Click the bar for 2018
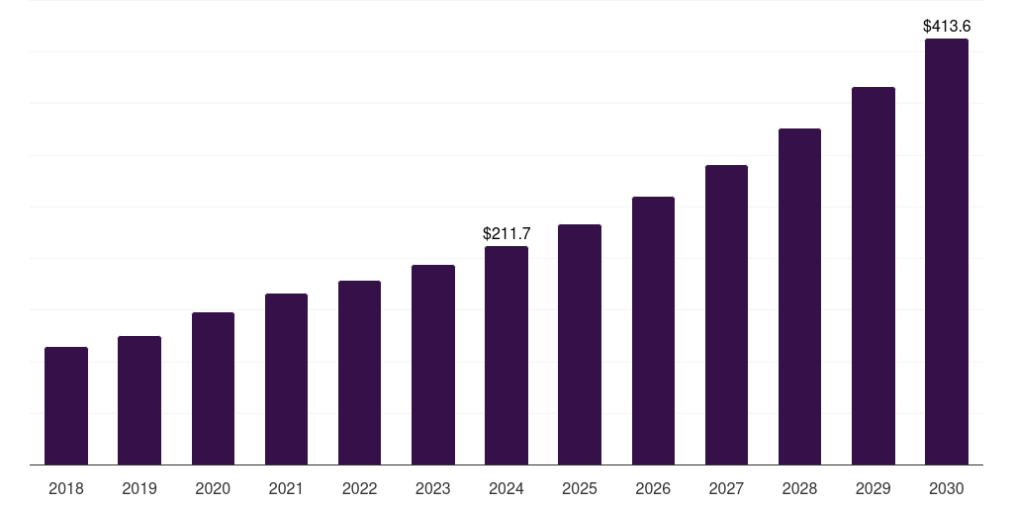click(x=66, y=406)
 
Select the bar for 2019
click(x=139, y=400)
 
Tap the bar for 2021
click(x=286, y=379)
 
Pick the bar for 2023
click(x=433, y=365)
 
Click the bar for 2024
click(x=506, y=356)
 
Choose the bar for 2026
click(x=653, y=331)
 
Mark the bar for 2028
click(x=799, y=296)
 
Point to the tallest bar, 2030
click(x=947, y=252)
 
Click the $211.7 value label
click(x=506, y=234)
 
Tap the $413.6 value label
click(x=947, y=27)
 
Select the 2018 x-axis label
click(x=66, y=489)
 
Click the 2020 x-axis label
click(x=213, y=489)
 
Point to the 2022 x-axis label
click(x=359, y=489)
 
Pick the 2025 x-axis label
click(x=580, y=489)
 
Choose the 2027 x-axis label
click(x=726, y=489)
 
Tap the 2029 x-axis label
click(x=873, y=489)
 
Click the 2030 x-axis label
click(x=947, y=489)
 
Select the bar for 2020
click(x=213, y=388)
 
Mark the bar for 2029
click(x=873, y=276)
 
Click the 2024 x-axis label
click(x=506, y=489)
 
